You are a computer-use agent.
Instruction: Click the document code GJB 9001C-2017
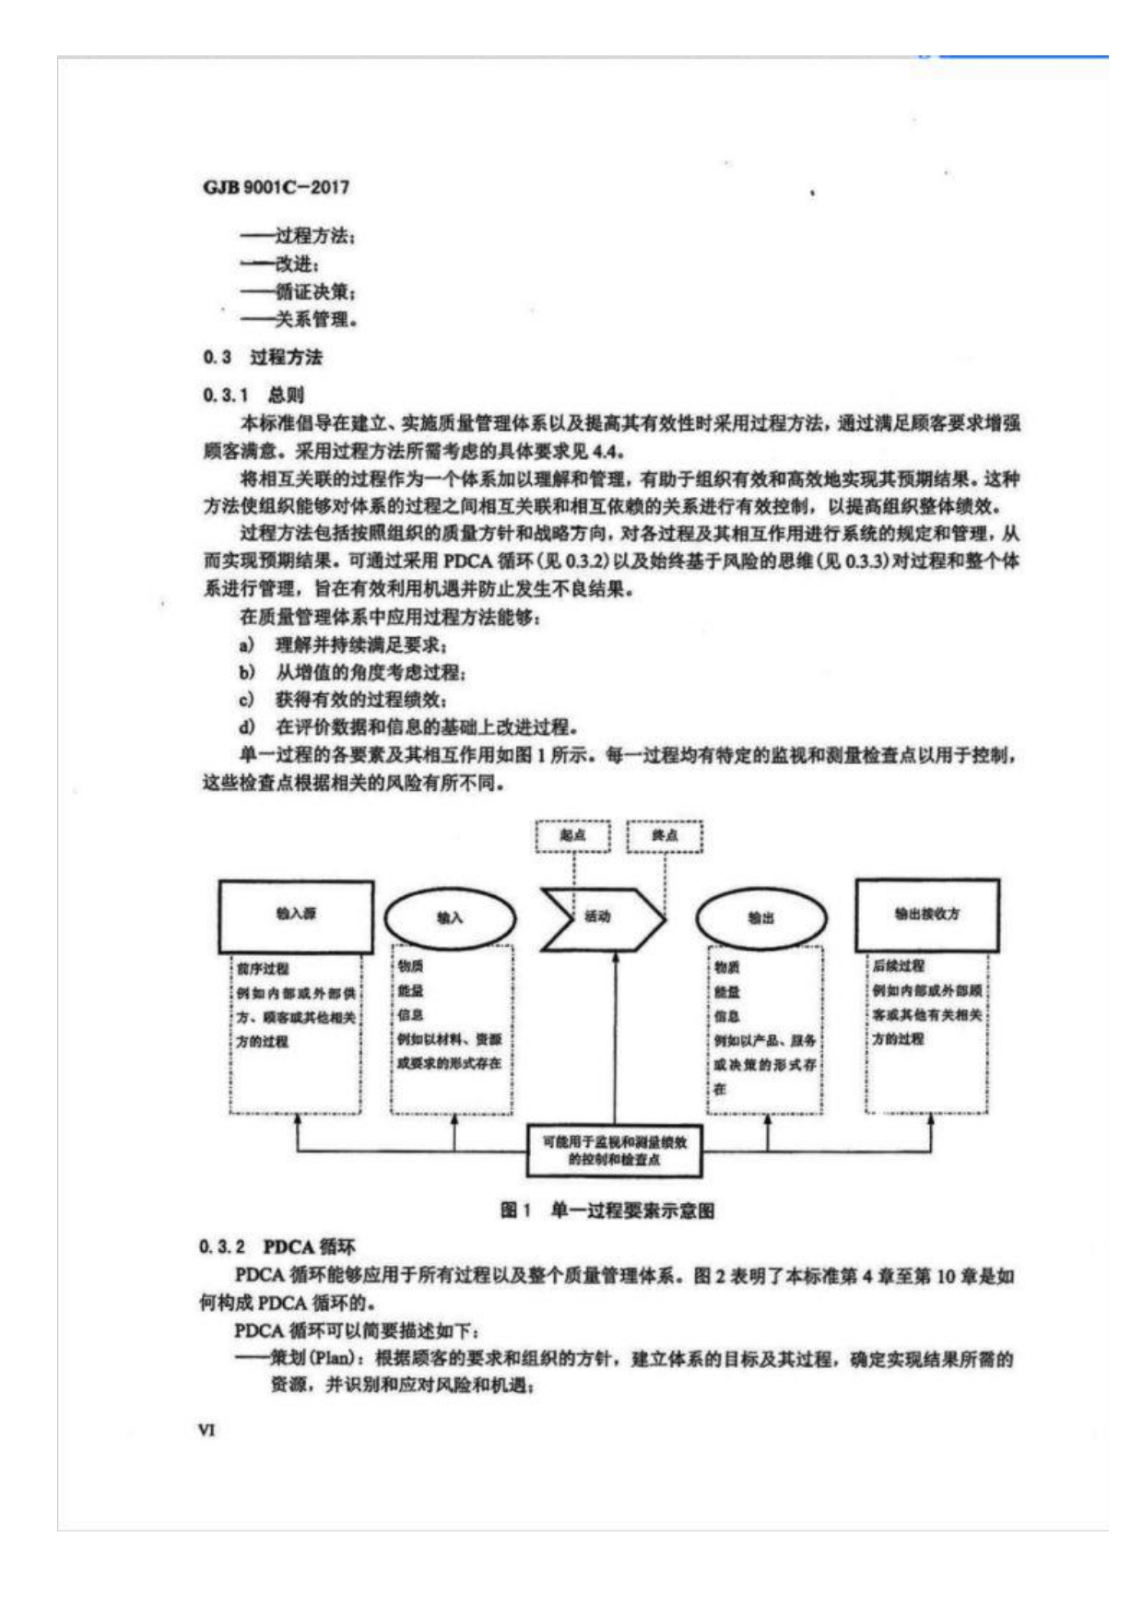(276, 187)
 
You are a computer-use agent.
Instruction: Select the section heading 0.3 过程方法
(263, 357)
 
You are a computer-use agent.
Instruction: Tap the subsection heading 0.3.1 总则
(253, 395)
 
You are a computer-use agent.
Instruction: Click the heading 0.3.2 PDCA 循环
(277, 1246)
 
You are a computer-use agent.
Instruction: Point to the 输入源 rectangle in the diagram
(296, 915)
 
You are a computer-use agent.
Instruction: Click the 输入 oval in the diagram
(450, 917)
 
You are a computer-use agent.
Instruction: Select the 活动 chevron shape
(600, 917)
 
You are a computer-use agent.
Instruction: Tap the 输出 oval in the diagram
(761, 918)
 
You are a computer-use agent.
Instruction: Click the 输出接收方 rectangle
(926, 915)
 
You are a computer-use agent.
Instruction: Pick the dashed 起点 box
(572, 836)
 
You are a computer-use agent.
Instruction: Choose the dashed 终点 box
(665, 836)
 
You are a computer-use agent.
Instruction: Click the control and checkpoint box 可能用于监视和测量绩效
(615, 1151)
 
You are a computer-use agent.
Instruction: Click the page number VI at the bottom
(206, 1430)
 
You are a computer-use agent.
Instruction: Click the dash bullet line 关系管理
(299, 320)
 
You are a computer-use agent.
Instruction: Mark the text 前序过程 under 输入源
(263, 969)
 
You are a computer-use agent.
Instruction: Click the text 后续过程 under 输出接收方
(898, 966)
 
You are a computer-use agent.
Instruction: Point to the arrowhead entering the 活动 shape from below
(615, 959)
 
